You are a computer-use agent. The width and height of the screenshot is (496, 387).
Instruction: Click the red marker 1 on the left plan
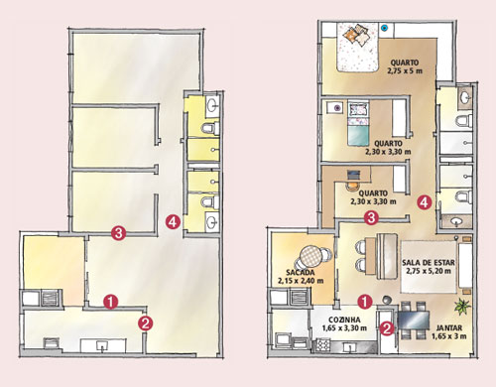(110, 302)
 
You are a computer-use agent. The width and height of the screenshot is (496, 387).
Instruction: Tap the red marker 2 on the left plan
(145, 323)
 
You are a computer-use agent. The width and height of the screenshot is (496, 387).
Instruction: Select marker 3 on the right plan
(371, 217)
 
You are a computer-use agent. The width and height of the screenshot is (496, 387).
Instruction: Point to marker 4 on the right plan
(425, 202)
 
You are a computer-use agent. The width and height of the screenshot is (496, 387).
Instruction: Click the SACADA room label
(301, 273)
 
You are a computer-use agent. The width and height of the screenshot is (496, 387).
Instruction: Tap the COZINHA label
(344, 320)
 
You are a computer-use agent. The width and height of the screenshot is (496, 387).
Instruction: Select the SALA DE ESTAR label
(429, 263)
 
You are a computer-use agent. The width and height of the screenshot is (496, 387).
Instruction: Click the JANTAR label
(449, 327)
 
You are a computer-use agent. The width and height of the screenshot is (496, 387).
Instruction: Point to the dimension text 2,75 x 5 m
(405, 70)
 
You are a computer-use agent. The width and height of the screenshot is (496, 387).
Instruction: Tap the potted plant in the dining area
(462, 307)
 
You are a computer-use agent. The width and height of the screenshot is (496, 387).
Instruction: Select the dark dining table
(414, 321)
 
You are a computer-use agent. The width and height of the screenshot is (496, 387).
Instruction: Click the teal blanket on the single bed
(358, 136)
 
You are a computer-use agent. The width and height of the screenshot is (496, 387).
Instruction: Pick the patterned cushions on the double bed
(356, 36)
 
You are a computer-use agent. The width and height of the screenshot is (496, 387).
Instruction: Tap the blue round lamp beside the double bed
(384, 28)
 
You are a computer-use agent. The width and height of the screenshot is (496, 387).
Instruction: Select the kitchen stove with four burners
(322, 345)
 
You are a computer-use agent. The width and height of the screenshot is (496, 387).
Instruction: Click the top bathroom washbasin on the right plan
(465, 96)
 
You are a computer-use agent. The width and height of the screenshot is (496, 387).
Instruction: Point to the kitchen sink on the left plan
(102, 346)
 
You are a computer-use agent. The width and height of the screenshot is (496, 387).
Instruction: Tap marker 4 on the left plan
(173, 221)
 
